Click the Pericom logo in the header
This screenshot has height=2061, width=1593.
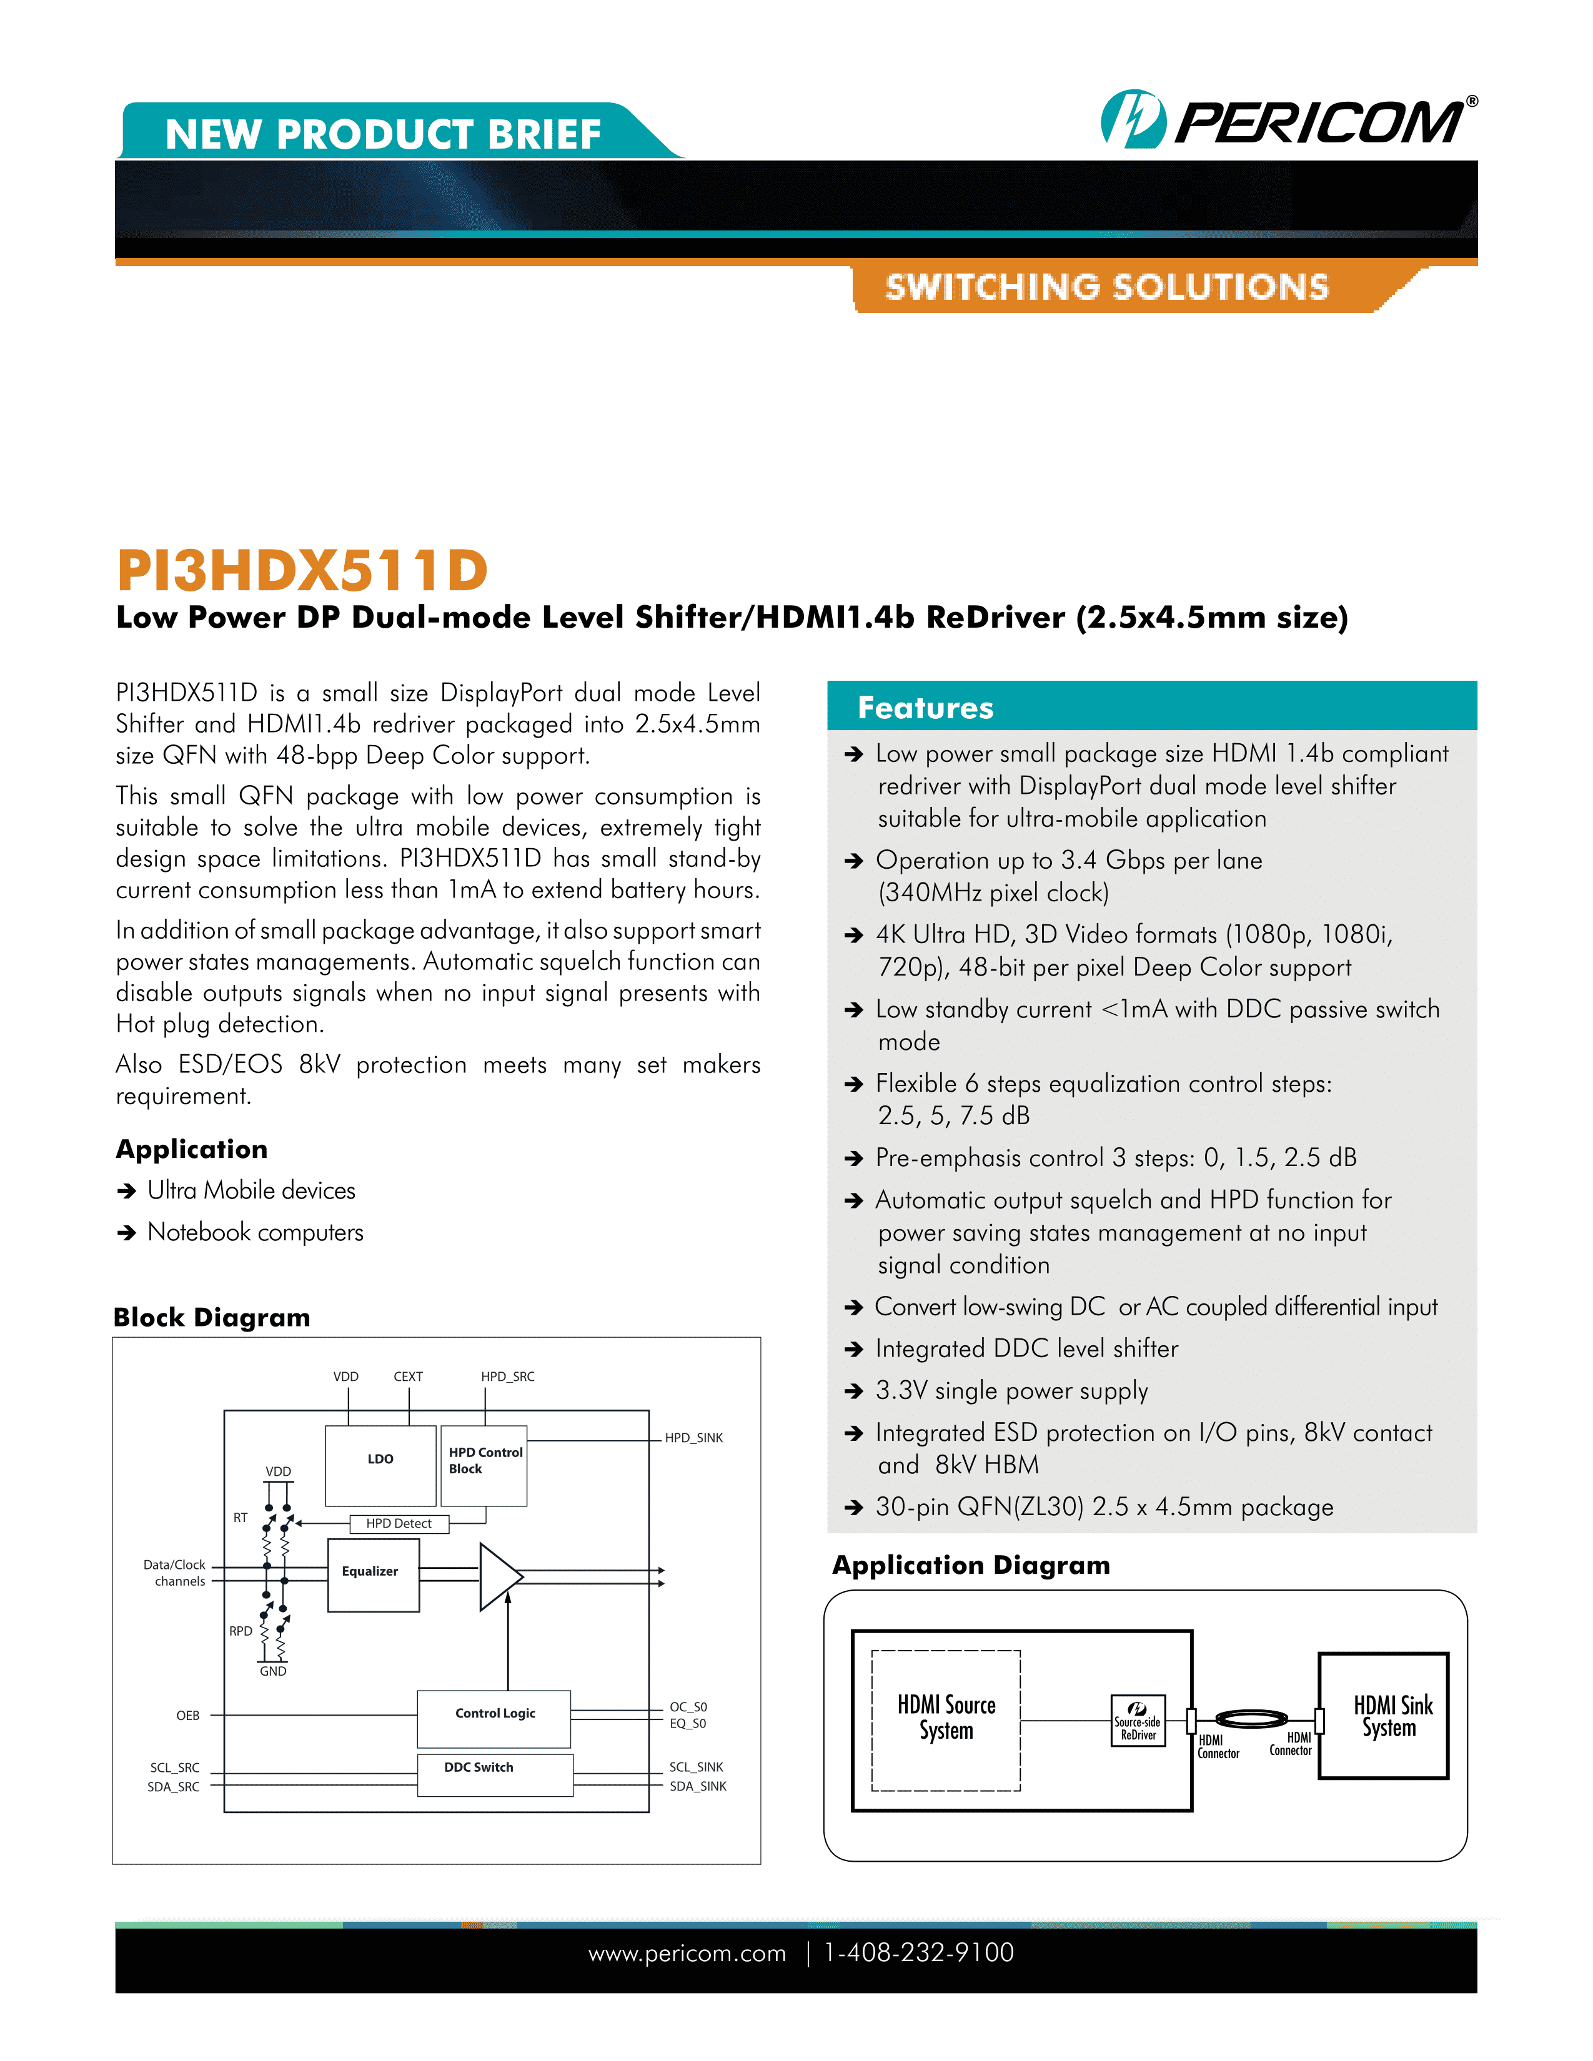click(x=1288, y=120)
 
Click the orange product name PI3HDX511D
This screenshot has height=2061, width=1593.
click(x=302, y=570)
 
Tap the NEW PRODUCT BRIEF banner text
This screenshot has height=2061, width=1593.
click(x=382, y=134)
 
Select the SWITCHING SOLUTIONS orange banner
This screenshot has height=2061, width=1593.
click(x=1106, y=287)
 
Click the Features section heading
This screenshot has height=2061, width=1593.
click(x=925, y=708)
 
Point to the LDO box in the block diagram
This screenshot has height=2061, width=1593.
click(x=380, y=1465)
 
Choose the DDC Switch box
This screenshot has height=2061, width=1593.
click(x=494, y=1774)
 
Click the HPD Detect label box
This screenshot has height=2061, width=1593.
click(x=399, y=1523)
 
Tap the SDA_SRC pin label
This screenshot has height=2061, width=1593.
click(x=174, y=1786)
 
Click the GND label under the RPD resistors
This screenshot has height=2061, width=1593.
click(x=273, y=1671)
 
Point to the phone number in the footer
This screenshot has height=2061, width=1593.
click(x=918, y=1952)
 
